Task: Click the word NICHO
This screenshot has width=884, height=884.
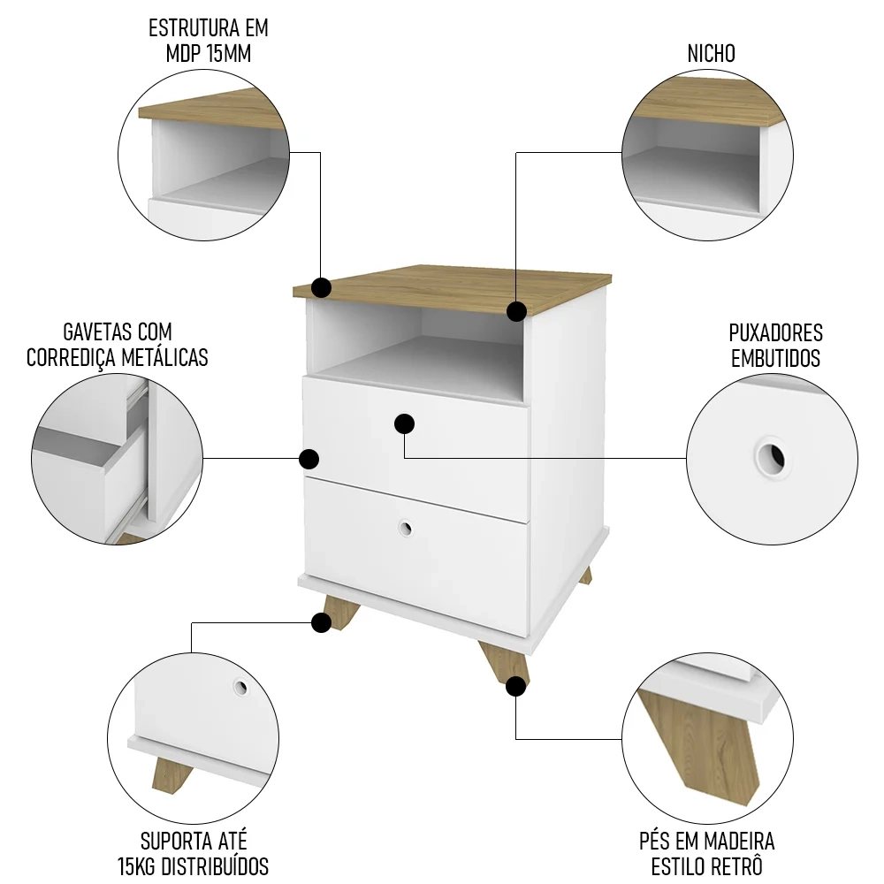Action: point(711,54)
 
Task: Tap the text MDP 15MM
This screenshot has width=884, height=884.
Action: point(209,54)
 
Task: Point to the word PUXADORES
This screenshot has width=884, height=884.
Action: point(775,333)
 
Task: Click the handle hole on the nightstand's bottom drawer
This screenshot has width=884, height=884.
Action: point(405,528)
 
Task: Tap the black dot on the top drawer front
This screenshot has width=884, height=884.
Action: point(405,424)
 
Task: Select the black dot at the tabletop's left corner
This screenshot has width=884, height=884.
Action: point(322,287)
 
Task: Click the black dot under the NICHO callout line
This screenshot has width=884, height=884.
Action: point(516,310)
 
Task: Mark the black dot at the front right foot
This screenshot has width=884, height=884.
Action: point(516,686)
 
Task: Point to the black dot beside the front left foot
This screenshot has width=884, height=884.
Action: point(322,623)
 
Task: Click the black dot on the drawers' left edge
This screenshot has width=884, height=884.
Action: point(309,459)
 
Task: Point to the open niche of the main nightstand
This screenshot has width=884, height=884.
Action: point(415,345)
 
